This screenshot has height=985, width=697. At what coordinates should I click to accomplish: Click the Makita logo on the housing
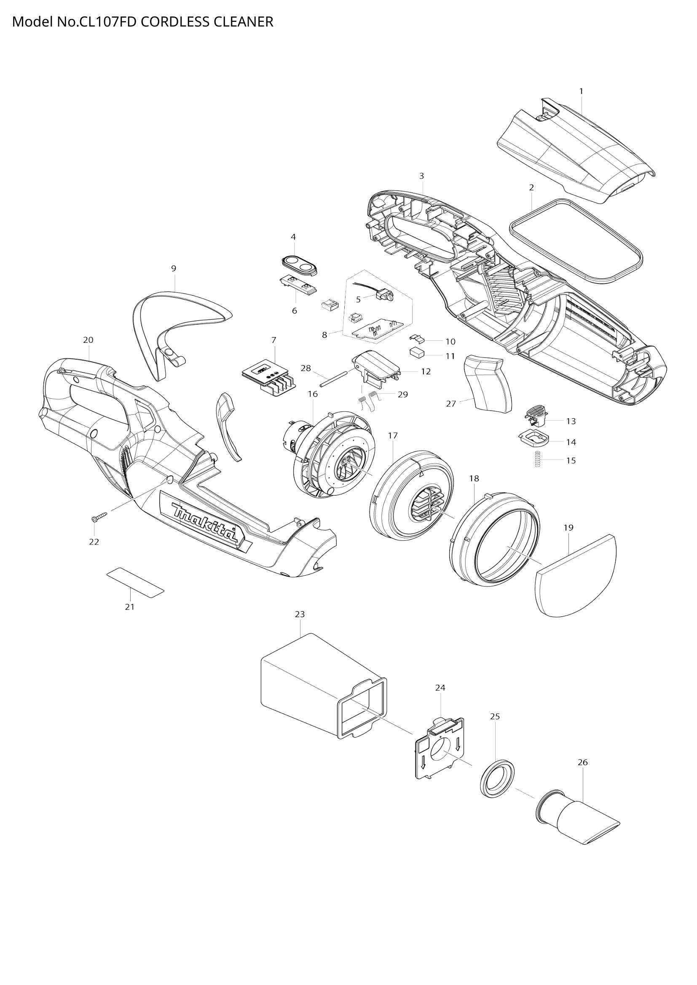(204, 523)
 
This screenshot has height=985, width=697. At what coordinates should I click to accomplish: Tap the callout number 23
(300, 614)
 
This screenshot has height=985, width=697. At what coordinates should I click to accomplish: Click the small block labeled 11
(416, 352)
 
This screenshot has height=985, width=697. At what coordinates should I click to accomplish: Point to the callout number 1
(581, 91)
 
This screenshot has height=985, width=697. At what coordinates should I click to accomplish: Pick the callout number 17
(393, 435)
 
